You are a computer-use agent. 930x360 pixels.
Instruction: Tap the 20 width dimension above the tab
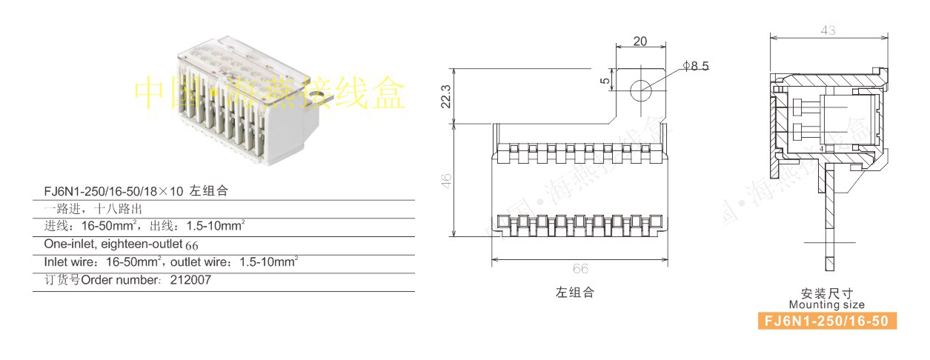coord(640,41)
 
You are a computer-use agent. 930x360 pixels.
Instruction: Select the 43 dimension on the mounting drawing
coord(828,30)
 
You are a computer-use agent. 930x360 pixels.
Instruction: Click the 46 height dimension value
coord(445,181)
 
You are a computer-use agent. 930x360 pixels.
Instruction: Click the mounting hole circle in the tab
coord(640,91)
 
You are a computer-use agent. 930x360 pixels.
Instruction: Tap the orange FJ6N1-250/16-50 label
coord(826,321)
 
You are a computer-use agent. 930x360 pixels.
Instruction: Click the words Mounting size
coord(826,304)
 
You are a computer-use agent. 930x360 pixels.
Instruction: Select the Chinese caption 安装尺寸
coord(826,293)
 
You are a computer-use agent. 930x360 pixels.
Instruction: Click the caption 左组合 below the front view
coord(575,293)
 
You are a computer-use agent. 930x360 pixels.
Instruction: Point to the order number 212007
coord(190,281)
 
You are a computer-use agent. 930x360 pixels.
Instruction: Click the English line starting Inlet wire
coord(170,261)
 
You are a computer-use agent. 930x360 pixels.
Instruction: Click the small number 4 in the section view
coord(822,149)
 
